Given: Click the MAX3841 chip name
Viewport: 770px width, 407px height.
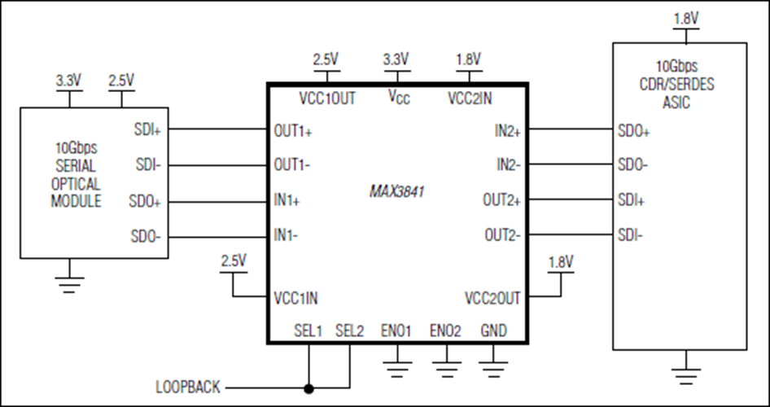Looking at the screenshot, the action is (x=396, y=191).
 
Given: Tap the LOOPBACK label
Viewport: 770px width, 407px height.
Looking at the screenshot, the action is (x=188, y=387).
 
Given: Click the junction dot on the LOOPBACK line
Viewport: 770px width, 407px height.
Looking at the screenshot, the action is (x=308, y=389).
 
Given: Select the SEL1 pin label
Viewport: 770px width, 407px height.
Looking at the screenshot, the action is (x=308, y=331).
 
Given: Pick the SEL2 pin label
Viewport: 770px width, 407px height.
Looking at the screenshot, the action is (x=350, y=331).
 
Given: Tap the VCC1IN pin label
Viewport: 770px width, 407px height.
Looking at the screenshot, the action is (x=295, y=298).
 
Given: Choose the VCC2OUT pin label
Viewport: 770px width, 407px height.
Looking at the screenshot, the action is (x=492, y=298).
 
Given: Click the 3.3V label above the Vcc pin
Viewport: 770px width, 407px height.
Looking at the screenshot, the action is (x=396, y=59).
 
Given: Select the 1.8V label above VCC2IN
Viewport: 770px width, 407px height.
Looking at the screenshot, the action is (x=468, y=59).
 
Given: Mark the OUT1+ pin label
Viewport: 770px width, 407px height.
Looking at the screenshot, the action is (x=293, y=131).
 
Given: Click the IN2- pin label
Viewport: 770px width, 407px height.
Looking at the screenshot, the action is (x=508, y=165).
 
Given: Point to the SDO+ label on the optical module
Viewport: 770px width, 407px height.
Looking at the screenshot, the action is (x=145, y=201).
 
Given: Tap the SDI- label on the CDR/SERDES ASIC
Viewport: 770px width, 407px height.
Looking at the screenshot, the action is (x=630, y=235).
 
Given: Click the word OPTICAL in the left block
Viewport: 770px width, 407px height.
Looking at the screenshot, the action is (x=76, y=184).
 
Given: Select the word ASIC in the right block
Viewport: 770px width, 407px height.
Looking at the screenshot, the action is (x=676, y=103).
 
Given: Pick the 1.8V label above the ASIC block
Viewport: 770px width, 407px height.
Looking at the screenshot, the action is (x=686, y=19).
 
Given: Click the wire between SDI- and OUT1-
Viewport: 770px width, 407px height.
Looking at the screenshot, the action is (x=217, y=165).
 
